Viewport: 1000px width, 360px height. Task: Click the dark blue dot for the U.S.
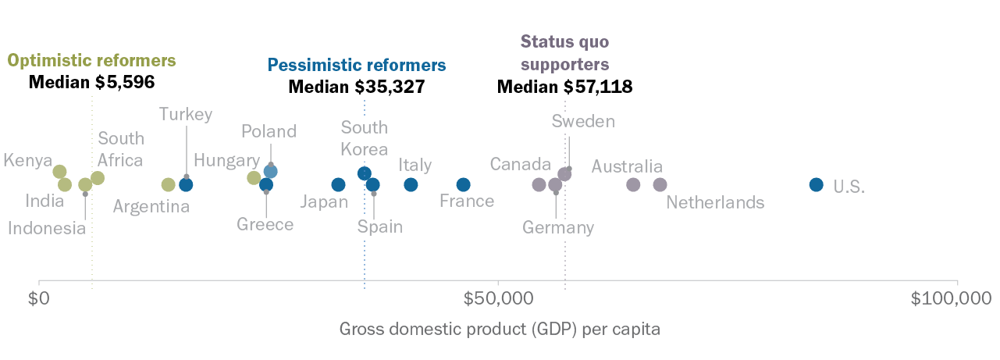[x=816, y=185]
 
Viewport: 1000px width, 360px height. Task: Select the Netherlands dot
[x=660, y=185]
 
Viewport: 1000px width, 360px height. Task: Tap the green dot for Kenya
[x=59, y=172]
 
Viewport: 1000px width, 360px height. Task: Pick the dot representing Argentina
[x=168, y=185]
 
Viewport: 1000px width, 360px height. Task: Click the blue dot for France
[x=463, y=185]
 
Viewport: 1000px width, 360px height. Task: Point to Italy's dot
[x=411, y=185]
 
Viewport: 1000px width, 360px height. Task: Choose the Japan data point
[x=338, y=185]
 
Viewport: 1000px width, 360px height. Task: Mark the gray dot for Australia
[x=633, y=185]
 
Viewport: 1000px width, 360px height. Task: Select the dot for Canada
[x=539, y=185]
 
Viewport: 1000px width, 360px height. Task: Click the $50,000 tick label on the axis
[x=497, y=298]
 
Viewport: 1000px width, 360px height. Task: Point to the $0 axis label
[x=39, y=298]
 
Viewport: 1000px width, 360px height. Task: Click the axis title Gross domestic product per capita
[x=500, y=329]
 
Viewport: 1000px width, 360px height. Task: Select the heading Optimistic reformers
[x=91, y=61]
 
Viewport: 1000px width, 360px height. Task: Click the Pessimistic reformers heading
[x=357, y=65]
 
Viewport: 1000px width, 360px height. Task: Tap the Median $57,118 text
[x=564, y=87]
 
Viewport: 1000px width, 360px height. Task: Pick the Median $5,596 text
[x=91, y=82]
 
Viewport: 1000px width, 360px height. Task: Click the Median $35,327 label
[x=357, y=87]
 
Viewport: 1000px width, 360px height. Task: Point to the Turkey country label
[x=186, y=115]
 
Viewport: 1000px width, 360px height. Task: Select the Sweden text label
[x=583, y=121]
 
